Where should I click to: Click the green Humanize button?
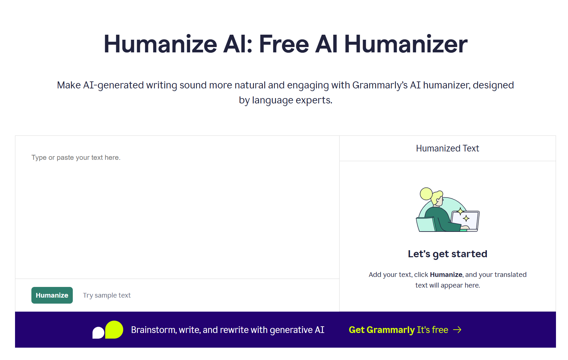[52, 295]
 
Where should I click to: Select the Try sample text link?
[107, 295]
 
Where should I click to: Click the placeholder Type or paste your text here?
[76, 157]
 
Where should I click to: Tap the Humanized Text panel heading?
[447, 148]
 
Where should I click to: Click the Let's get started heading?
[447, 254]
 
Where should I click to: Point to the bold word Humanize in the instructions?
[446, 275]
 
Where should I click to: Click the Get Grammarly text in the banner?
[382, 330]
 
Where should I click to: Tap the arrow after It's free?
[457, 330]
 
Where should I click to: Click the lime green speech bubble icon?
[114, 330]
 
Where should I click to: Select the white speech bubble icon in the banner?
[98, 333]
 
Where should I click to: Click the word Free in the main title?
[284, 44]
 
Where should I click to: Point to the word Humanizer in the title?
[406, 44]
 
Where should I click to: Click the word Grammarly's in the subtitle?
[380, 85]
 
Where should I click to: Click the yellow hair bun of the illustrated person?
[426, 194]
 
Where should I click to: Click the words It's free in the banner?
[432, 330]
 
